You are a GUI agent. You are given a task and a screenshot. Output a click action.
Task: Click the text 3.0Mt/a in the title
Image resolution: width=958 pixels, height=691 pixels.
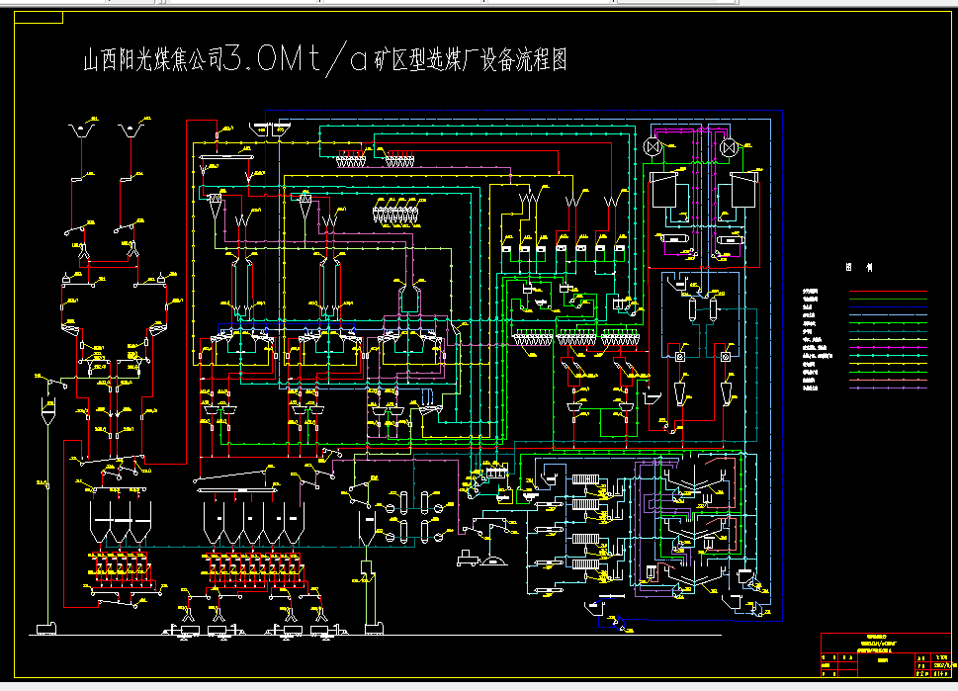285,61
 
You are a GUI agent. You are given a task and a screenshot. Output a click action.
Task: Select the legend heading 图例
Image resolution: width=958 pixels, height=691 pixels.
855,268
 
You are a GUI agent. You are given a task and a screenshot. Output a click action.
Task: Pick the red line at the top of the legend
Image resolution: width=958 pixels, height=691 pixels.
889,293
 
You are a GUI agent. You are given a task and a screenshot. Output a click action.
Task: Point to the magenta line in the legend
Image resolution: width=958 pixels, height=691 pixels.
889,348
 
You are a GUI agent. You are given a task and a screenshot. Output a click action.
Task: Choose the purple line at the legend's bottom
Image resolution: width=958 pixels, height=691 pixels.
889,388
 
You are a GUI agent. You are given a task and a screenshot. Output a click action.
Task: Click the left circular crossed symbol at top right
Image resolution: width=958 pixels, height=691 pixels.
653,147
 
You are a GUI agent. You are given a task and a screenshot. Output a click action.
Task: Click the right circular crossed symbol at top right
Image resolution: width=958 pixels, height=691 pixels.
730,147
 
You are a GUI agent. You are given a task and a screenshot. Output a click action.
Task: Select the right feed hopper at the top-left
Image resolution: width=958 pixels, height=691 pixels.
128,130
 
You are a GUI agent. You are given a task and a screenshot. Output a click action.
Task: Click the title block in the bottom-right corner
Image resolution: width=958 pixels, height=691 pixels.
888,656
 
